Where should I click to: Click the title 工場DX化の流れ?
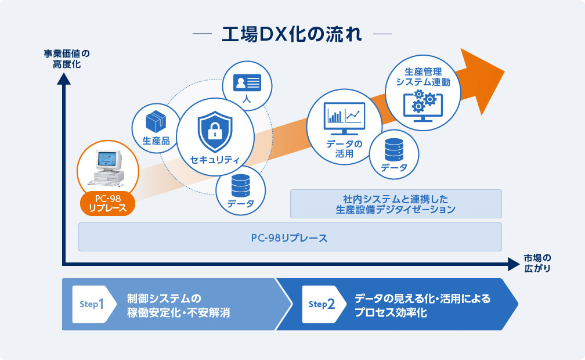(x=292, y=34)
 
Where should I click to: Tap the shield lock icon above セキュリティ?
(x=215, y=131)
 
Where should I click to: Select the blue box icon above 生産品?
(x=156, y=121)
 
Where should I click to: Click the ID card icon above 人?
(x=247, y=82)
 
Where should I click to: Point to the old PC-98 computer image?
(x=107, y=168)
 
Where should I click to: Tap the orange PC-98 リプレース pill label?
(x=108, y=204)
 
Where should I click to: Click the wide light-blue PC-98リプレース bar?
(x=290, y=237)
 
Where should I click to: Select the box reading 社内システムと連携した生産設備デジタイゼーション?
(x=396, y=204)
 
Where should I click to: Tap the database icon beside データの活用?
(x=394, y=150)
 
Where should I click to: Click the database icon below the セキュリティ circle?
(x=241, y=186)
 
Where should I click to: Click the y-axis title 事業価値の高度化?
(x=67, y=59)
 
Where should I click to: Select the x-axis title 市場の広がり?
(x=537, y=263)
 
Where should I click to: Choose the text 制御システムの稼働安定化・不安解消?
(x=178, y=305)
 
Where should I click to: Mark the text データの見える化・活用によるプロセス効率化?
(x=423, y=305)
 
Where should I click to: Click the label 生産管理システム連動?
(x=423, y=77)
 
